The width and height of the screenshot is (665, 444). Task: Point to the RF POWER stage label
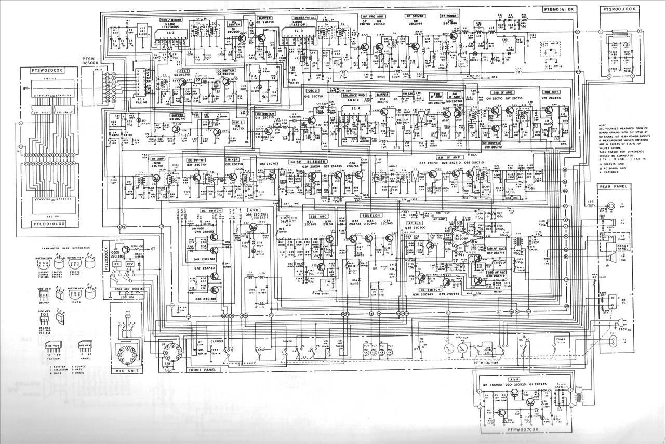[449, 16]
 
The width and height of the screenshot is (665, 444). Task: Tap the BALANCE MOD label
[354, 96]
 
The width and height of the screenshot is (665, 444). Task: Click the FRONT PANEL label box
[202, 370]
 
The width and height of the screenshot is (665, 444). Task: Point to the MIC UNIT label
[127, 372]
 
